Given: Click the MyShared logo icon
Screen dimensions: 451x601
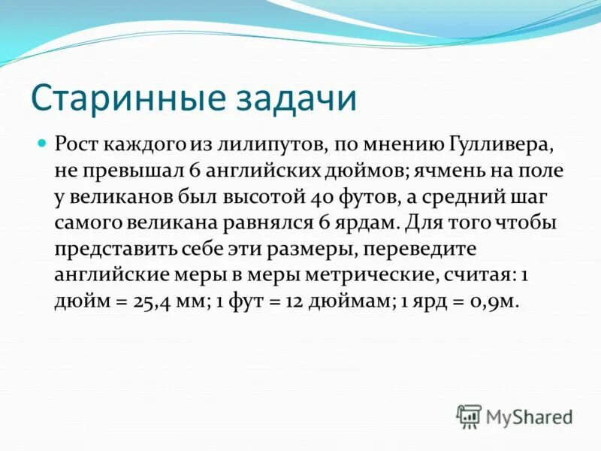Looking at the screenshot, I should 469,416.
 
